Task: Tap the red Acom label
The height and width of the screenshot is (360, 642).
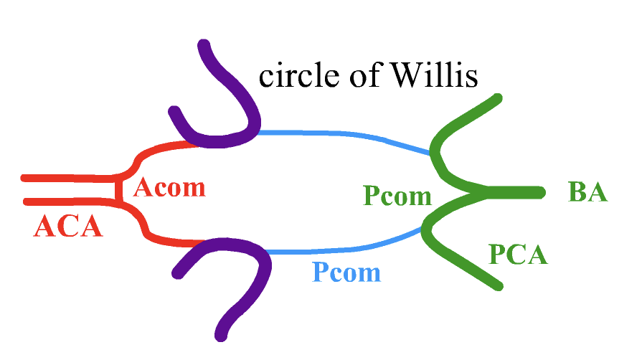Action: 169,188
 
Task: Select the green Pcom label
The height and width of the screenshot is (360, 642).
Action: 397,195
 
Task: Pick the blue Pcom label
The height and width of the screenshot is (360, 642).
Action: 346,272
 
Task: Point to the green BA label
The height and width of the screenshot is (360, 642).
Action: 587,192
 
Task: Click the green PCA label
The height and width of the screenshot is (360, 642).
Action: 518,254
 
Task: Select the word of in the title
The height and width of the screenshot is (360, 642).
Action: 355,75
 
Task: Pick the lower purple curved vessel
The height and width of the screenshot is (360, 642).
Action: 244,287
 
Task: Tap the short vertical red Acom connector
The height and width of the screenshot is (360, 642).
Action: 117,189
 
